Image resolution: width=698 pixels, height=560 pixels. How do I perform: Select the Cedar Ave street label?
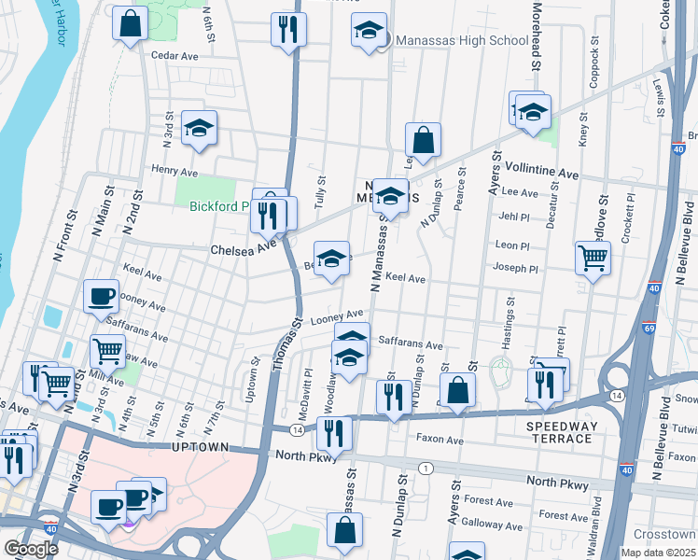click(x=174, y=56)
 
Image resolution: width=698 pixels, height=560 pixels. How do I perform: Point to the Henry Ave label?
click(x=175, y=172)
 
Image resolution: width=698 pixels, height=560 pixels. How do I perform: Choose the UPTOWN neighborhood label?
click(x=202, y=448)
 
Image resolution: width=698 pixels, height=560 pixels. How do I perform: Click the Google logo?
click(x=31, y=549)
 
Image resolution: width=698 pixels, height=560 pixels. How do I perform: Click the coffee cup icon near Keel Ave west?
click(x=102, y=297)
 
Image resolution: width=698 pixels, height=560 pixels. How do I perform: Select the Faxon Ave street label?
click(x=440, y=440)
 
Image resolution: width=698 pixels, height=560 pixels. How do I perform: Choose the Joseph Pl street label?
click(x=516, y=268)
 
